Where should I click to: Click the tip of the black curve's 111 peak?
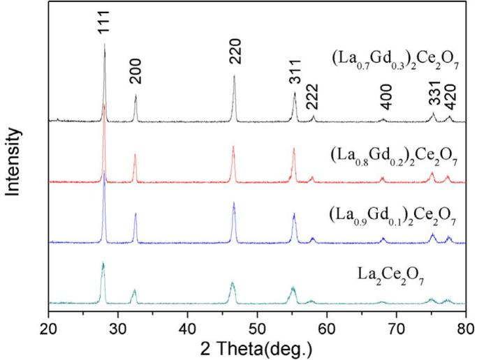tap(104, 44)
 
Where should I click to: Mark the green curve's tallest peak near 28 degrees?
tap(103, 263)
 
